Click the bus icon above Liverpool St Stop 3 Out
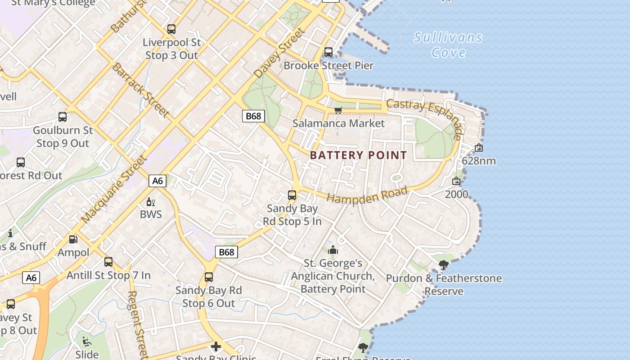coord(171,29)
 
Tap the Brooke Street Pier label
coord(328,66)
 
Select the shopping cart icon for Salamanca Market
coord(338,110)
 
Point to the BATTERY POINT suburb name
coord(358,155)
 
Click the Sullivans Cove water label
coord(448,45)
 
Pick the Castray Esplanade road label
coord(425,118)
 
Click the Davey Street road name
coord(279,53)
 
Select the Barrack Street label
coord(140,90)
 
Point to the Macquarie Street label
coord(115,189)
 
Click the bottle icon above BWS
coord(150,202)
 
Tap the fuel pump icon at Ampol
coord(73,239)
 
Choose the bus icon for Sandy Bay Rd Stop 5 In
coord(292,195)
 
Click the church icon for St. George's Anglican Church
coord(333,250)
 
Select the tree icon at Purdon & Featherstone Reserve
coord(444,265)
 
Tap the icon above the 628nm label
coord(479,148)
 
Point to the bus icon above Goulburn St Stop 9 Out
coord(63,117)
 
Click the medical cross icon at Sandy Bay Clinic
coord(216,346)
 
